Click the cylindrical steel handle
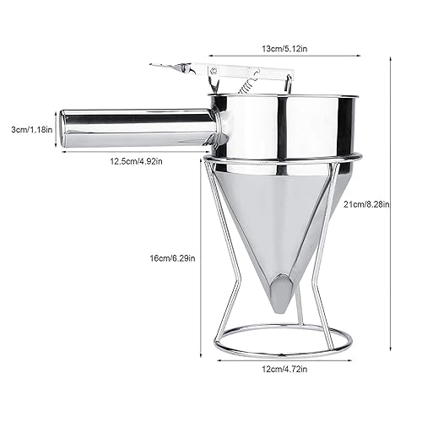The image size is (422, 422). (135, 127)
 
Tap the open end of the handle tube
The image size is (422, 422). (62, 128)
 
